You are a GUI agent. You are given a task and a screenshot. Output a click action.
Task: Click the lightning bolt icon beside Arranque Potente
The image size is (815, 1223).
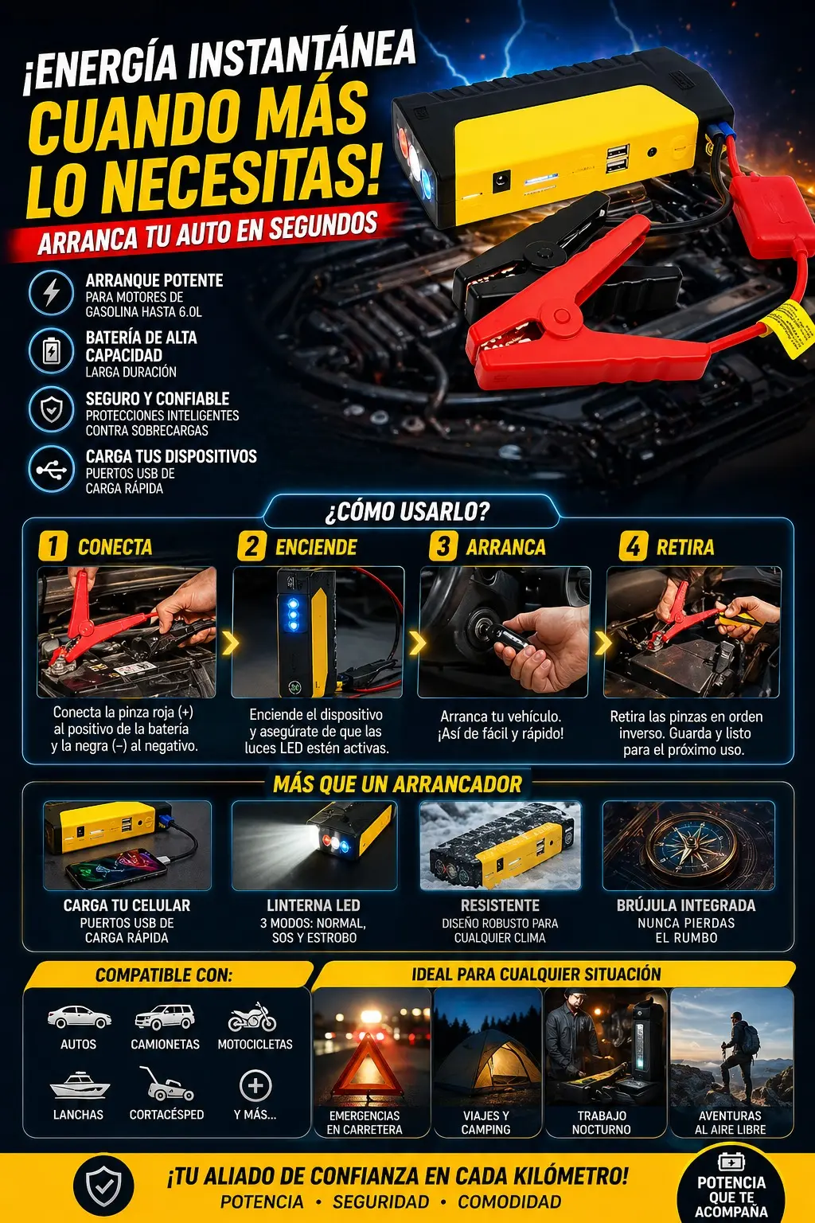(x=51, y=293)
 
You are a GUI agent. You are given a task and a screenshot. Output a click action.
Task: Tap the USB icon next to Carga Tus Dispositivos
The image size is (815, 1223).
(x=51, y=470)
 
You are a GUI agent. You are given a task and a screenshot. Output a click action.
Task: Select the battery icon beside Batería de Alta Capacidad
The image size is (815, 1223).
(x=51, y=351)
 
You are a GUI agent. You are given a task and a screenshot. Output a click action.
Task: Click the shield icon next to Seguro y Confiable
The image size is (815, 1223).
(x=51, y=409)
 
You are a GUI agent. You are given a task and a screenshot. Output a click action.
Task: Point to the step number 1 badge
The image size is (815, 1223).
(x=53, y=546)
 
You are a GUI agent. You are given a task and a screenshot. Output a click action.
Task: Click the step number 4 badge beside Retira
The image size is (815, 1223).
(x=634, y=546)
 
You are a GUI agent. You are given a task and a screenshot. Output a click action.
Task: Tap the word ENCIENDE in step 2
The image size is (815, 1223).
(x=316, y=547)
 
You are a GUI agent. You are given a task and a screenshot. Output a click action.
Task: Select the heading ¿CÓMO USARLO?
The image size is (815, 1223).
(x=407, y=512)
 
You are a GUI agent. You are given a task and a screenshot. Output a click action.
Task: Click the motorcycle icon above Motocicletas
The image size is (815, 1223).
(x=252, y=1017)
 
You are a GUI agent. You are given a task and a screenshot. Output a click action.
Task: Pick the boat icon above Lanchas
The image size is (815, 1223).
(x=79, y=1084)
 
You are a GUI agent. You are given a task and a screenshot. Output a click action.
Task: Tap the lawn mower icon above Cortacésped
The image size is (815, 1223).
(x=166, y=1084)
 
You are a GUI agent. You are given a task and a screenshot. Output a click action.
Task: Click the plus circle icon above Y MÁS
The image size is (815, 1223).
(x=255, y=1085)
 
